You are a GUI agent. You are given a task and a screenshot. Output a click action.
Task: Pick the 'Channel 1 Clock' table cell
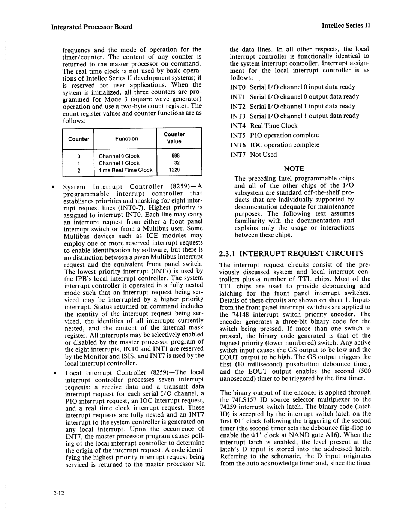(119, 163)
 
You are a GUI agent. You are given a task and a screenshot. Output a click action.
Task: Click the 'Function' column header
(126, 138)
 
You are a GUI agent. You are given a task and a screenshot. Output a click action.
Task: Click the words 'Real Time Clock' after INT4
(274, 126)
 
